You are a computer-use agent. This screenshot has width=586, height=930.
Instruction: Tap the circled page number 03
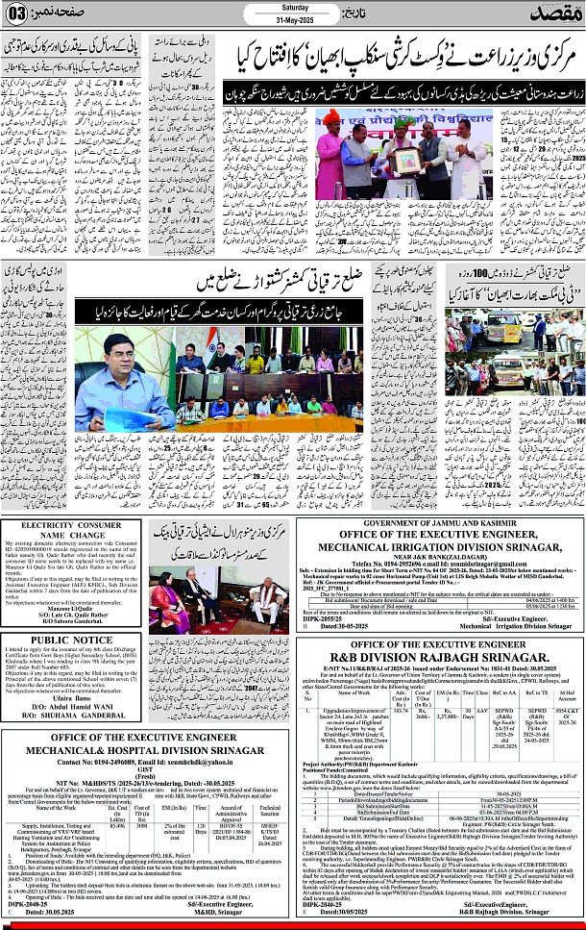pos(18,15)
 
